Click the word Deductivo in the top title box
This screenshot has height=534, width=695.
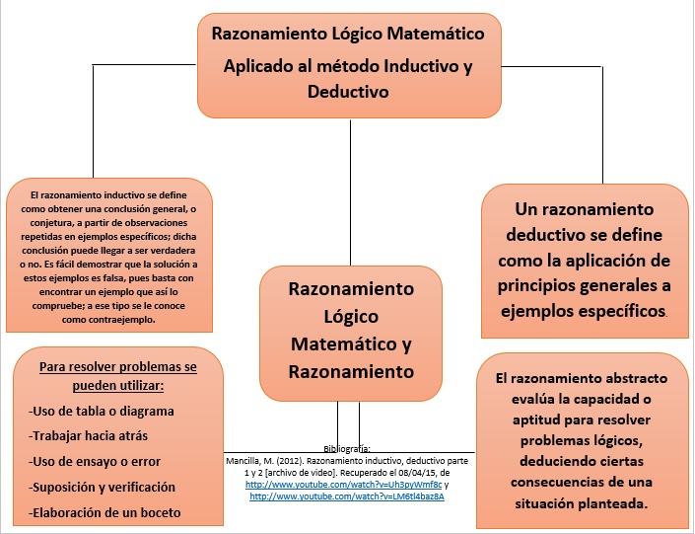tap(349, 92)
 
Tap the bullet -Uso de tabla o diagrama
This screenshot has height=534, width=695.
tap(102, 411)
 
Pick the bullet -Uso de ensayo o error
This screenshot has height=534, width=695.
tap(95, 461)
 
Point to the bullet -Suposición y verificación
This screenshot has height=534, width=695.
tap(103, 487)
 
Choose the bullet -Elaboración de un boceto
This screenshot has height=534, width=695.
tap(105, 512)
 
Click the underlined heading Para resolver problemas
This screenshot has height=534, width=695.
tap(118, 366)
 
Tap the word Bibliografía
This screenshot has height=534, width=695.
tap(347, 448)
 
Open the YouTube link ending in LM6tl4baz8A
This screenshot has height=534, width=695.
tap(347, 496)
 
